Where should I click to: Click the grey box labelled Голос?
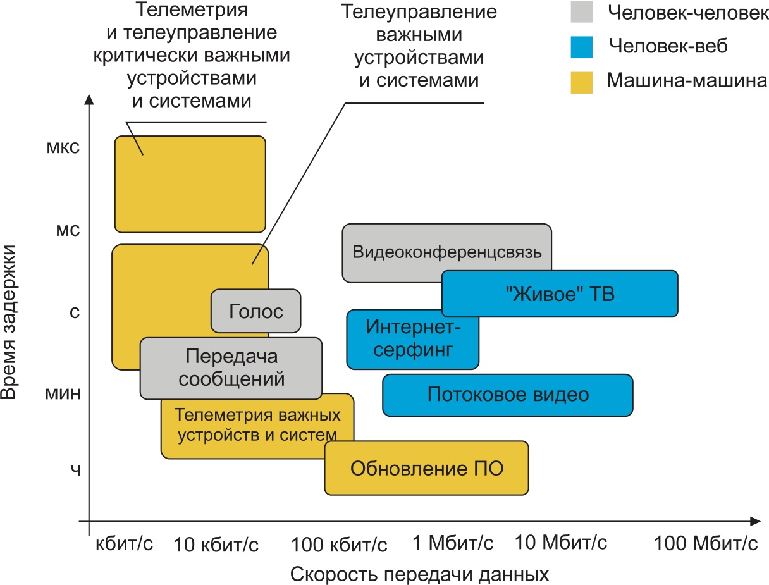pos(255,311)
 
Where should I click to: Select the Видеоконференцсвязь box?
pos(446,252)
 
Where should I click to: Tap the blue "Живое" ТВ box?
pos(559,293)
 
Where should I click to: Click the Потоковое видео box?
pos(508,395)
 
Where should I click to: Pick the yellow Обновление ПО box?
pos(426,469)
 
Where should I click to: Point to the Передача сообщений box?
pos(231,368)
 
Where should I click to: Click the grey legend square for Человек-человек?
pos(582,11)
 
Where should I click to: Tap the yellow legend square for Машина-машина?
pos(582,82)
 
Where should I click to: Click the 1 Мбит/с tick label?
pos(453,543)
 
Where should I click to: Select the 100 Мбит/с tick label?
pos(705,543)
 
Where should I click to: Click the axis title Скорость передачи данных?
pos(419,574)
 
